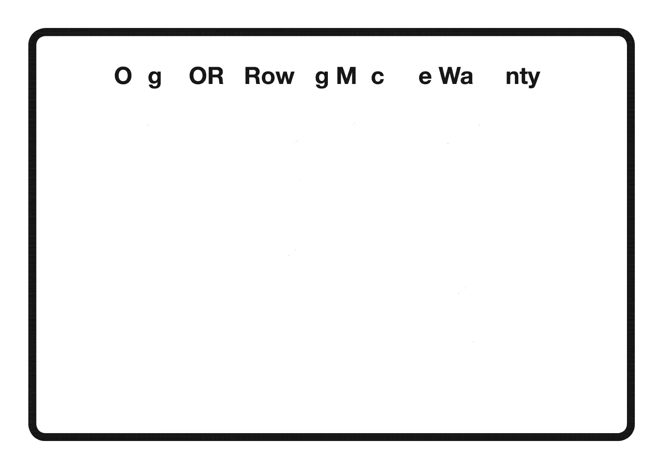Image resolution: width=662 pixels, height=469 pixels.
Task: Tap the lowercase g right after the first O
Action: click(155, 78)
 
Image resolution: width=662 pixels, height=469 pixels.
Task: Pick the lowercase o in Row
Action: click(269, 77)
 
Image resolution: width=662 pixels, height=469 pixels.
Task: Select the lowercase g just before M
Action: click(322, 78)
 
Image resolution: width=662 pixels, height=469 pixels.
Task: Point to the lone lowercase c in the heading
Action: click(377, 77)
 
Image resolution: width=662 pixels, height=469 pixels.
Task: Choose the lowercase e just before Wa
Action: click(425, 77)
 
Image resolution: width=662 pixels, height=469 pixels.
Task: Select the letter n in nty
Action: click(512, 77)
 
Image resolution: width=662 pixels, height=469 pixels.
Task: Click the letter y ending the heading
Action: click(534, 78)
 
